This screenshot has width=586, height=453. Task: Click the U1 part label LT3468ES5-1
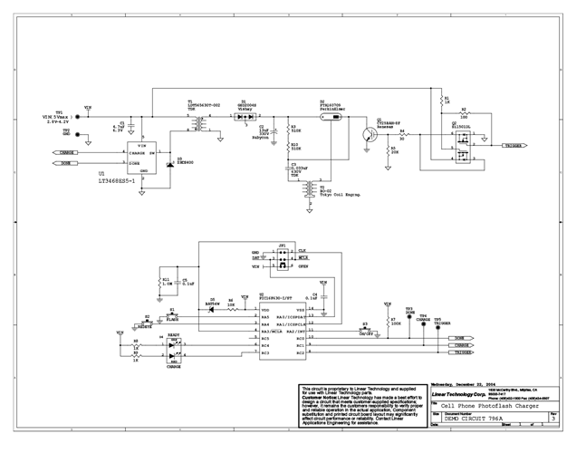pos(119,180)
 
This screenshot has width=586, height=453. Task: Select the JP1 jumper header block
pos(284,260)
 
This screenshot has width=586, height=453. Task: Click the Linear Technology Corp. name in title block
pos(452,395)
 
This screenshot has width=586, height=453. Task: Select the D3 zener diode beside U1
pos(169,164)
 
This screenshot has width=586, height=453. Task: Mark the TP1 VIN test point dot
pos(78,117)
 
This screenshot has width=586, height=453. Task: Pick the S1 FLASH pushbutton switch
pos(172,317)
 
